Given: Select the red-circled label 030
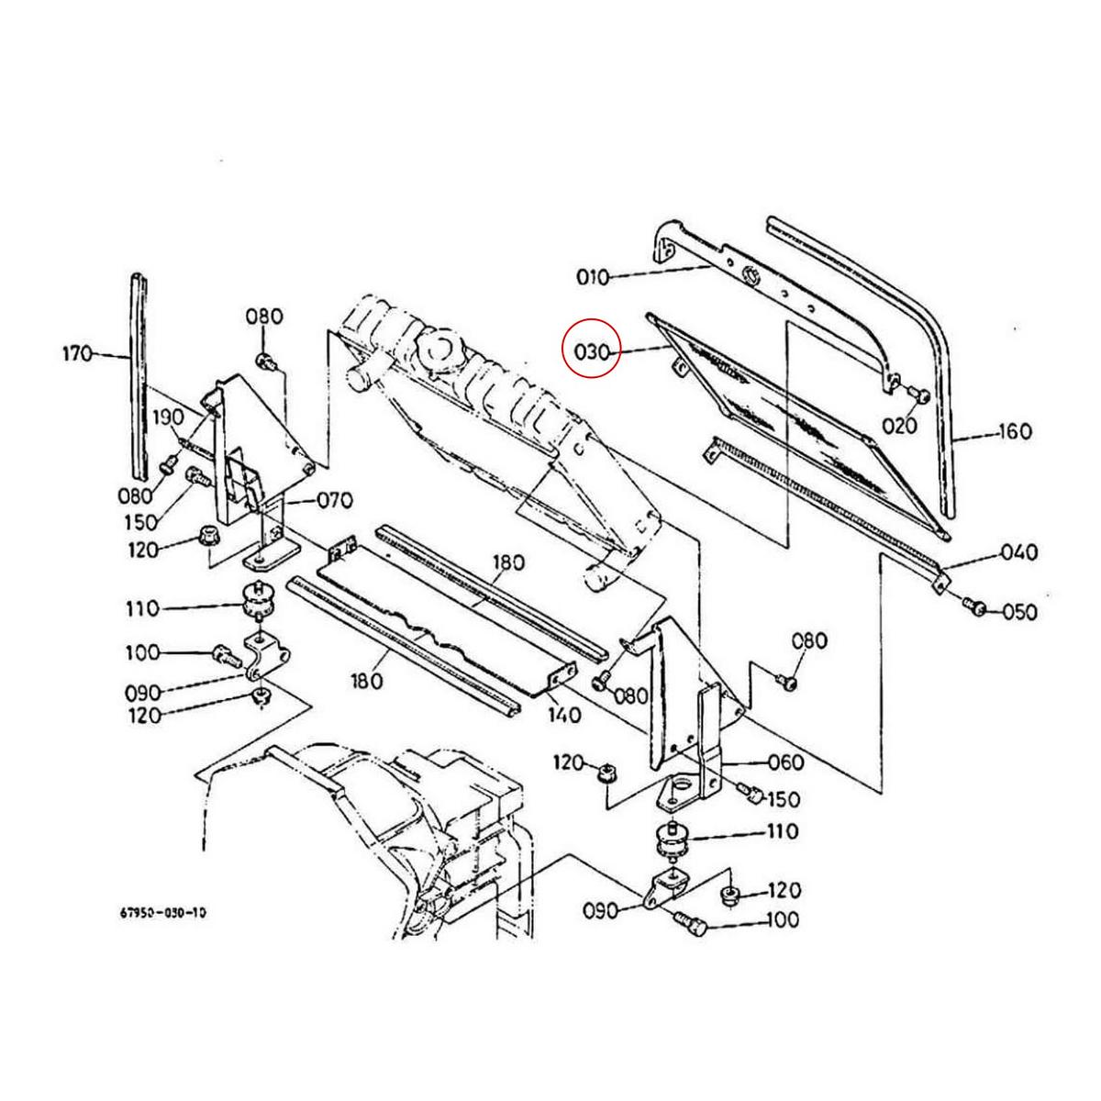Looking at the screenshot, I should pyautogui.click(x=593, y=349).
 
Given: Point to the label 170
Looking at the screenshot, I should pyautogui.click(x=77, y=352).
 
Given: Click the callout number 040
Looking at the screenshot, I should pyautogui.click(x=1018, y=552).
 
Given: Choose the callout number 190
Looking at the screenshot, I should pyautogui.click(x=168, y=416).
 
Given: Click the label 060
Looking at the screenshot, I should pyautogui.click(x=785, y=762).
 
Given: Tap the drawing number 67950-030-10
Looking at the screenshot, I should pyautogui.click(x=162, y=913).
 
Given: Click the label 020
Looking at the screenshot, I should pyautogui.click(x=900, y=425).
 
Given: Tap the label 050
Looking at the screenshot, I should pyautogui.click(x=1018, y=612).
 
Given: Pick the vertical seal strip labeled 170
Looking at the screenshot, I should pyautogui.click(x=139, y=376).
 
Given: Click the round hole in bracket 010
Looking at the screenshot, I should pyautogui.click(x=751, y=272).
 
